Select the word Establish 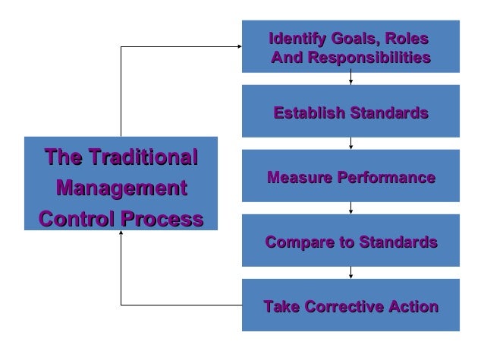pos(306,114)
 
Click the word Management pos(121,188)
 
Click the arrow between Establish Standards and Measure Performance pos(351,144)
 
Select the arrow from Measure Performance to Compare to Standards pos(351,208)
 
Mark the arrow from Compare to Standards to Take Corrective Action pos(351,273)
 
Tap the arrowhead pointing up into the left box pos(121,234)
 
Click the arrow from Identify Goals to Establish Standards pos(351,78)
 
